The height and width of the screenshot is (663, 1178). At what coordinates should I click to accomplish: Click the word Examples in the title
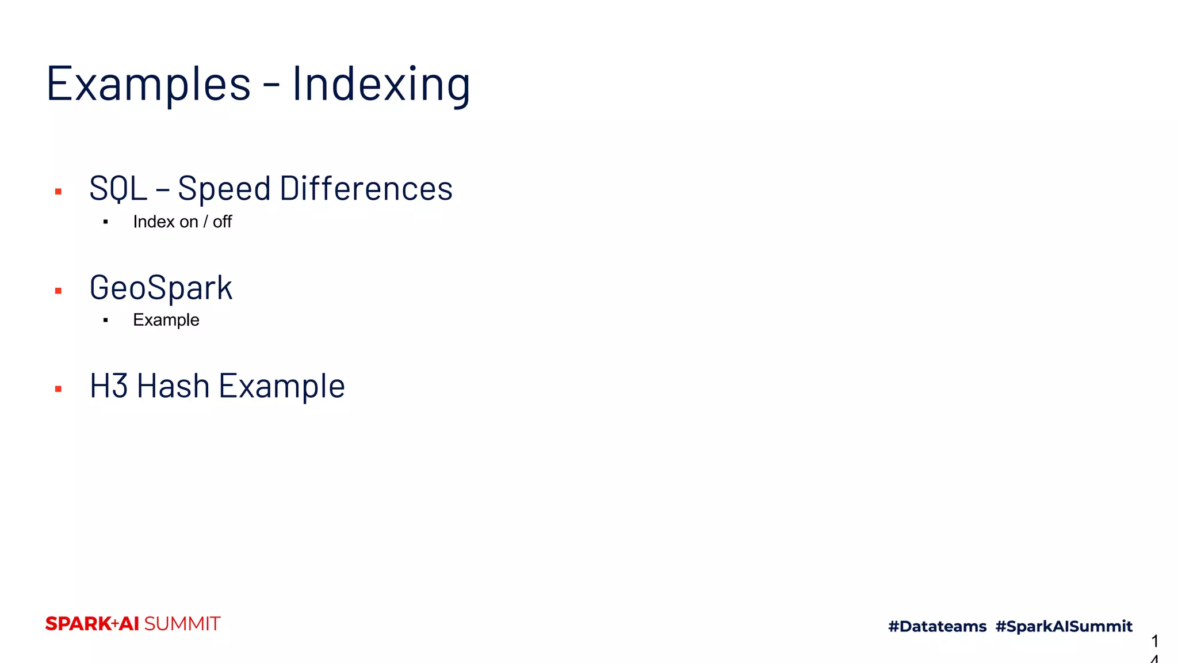pyautogui.click(x=148, y=84)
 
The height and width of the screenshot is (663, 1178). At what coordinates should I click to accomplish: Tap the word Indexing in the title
pyautogui.click(x=381, y=84)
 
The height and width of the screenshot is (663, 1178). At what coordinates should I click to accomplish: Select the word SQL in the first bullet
pyautogui.click(x=118, y=188)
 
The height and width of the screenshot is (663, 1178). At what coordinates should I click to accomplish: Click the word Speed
pyautogui.click(x=224, y=188)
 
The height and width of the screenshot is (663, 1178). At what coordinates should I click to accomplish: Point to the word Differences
pyautogui.click(x=366, y=188)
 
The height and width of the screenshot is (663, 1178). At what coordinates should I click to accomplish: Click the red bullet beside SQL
pyautogui.click(x=58, y=192)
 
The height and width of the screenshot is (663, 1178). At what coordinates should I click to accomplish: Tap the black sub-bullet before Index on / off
pyautogui.click(x=106, y=222)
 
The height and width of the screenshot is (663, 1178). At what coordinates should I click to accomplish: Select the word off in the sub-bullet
pyautogui.click(x=222, y=222)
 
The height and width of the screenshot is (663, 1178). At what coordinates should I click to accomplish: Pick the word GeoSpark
pyautogui.click(x=161, y=288)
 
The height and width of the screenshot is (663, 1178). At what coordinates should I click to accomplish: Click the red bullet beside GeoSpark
pyautogui.click(x=58, y=291)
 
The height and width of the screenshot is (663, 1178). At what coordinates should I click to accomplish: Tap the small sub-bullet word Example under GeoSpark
pyautogui.click(x=166, y=320)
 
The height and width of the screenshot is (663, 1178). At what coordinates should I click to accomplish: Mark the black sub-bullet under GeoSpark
pyautogui.click(x=106, y=321)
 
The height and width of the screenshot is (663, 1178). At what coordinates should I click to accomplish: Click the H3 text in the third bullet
pyautogui.click(x=108, y=386)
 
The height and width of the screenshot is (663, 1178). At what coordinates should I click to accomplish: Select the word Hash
pyautogui.click(x=173, y=386)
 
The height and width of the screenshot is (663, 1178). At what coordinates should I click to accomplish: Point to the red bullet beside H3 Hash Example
pyautogui.click(x=58, y=390)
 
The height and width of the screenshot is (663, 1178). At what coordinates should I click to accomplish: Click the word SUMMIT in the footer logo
pyautogui.click(x=182, y=624)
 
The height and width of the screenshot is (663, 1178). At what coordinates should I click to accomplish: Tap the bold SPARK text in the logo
pyautogui.click(x=78, y=624)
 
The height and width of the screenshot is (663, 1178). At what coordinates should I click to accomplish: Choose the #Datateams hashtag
pyautogui.click(x=937, y=626)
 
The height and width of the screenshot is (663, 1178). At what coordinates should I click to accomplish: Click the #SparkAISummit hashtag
pyautogui.click(x=1064, y=626)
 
